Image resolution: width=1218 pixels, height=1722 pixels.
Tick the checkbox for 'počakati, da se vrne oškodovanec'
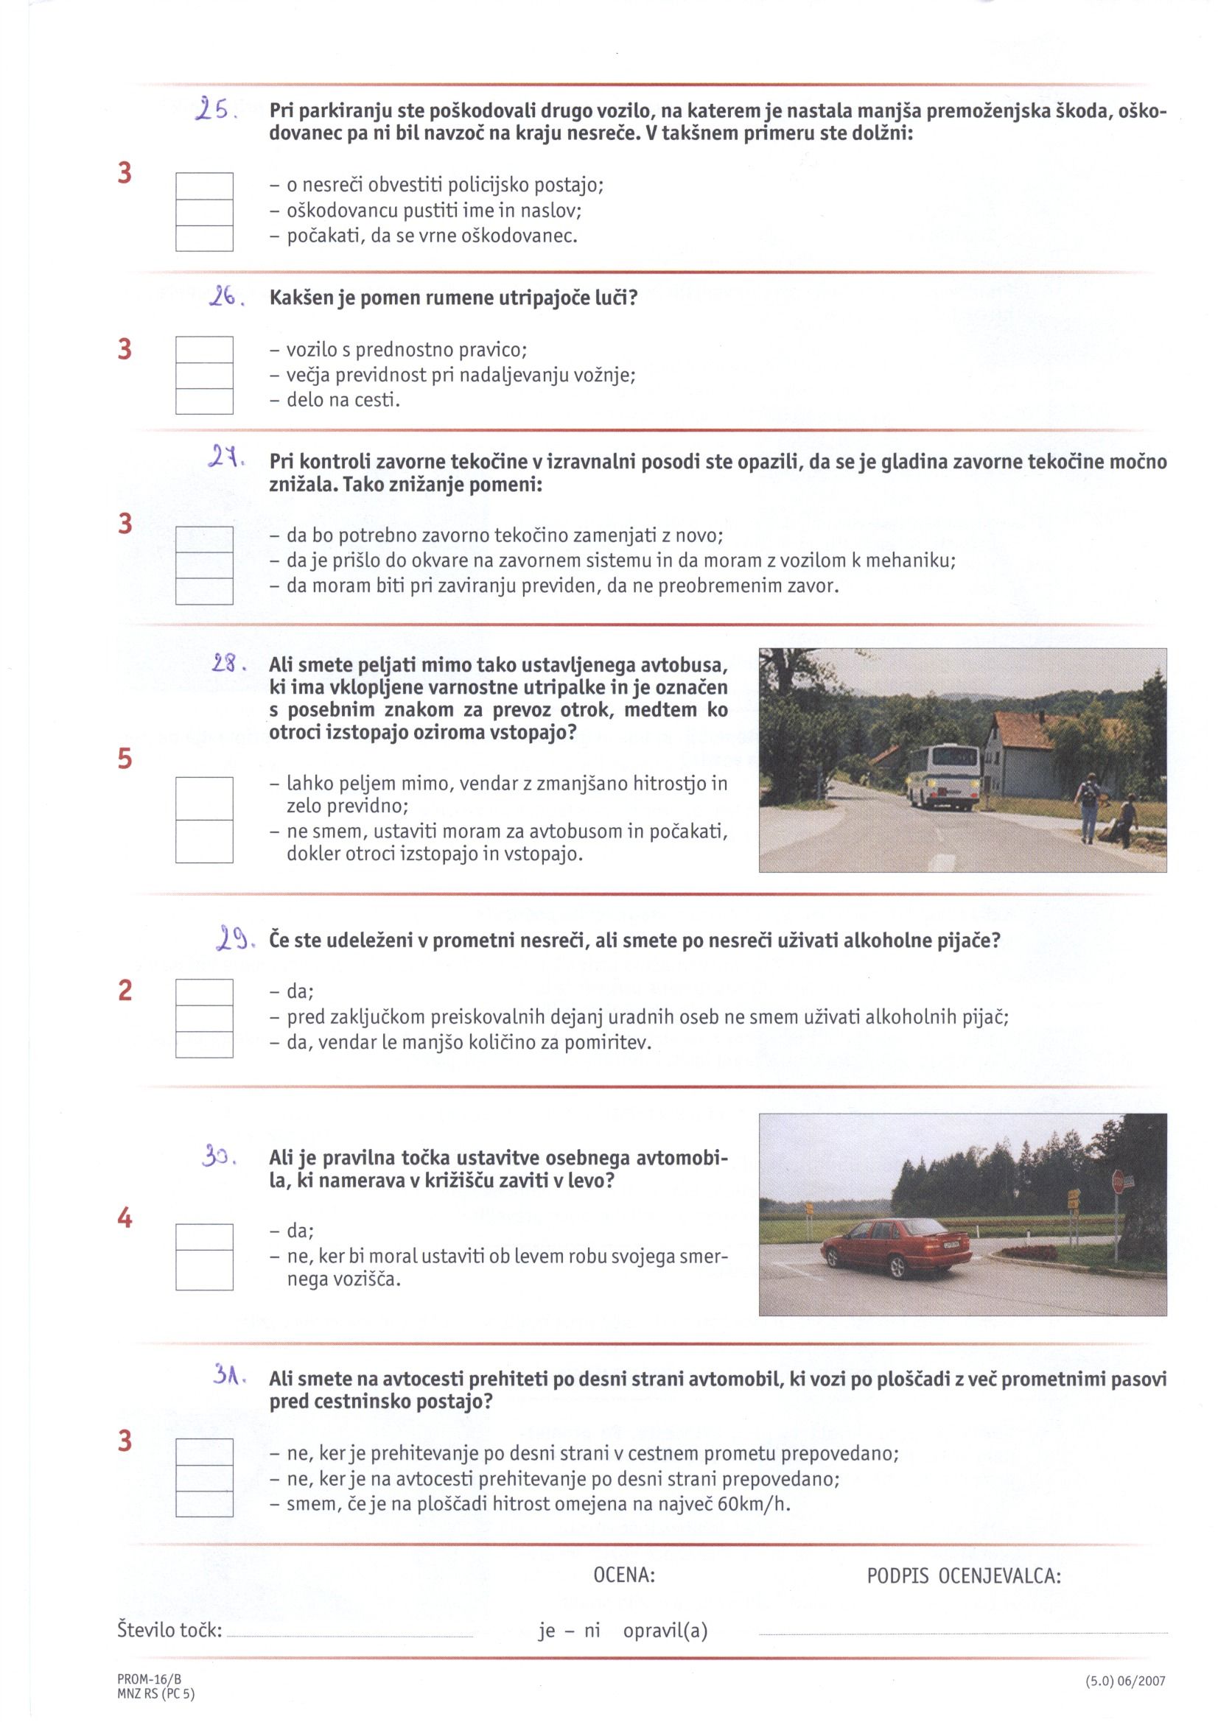[x=204, y=238]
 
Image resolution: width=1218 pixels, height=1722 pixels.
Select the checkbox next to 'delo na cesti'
[x=204, y=401]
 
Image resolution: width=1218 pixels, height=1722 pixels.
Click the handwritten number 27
[x=222, y=456]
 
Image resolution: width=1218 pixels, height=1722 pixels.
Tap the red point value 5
[x=125, y=759]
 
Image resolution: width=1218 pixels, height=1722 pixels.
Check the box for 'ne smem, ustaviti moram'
[x=204, y=842]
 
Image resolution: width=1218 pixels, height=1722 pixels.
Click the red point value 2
[x=125, y=990]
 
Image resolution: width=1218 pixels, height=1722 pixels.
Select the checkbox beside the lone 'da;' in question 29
[x=204, y=992]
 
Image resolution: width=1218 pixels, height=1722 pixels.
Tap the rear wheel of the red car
[x=898, y=1267]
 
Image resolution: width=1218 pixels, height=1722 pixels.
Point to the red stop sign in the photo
[x=1118, y=1184]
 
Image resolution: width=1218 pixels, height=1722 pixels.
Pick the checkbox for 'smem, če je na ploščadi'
[x=204, y=1503]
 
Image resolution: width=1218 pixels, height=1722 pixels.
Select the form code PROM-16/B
[x=150, y=1680]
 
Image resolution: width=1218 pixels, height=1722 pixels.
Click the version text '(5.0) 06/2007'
[x=1125, y=1681]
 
